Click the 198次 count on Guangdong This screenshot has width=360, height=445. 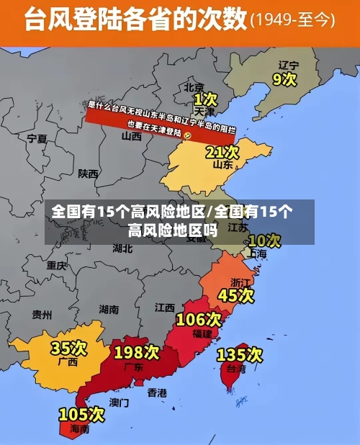[136, 352]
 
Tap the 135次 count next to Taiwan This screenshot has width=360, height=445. [240, 354]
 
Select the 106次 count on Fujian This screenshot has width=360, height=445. [199, 318]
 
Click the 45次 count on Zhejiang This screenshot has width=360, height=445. [236, 295]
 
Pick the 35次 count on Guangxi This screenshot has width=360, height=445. [69, 349]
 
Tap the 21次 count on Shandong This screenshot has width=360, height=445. [222, 152]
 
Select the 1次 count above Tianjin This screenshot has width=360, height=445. [205, 98]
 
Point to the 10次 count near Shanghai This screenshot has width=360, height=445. [264, 240]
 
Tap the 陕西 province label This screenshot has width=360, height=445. [89, 174]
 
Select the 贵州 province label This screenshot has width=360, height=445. [42, 315]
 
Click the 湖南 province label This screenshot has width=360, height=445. [109, 310]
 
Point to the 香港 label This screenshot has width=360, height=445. [157, 392]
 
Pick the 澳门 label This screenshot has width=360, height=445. [120, 402]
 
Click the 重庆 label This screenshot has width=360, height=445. [56, 265]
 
